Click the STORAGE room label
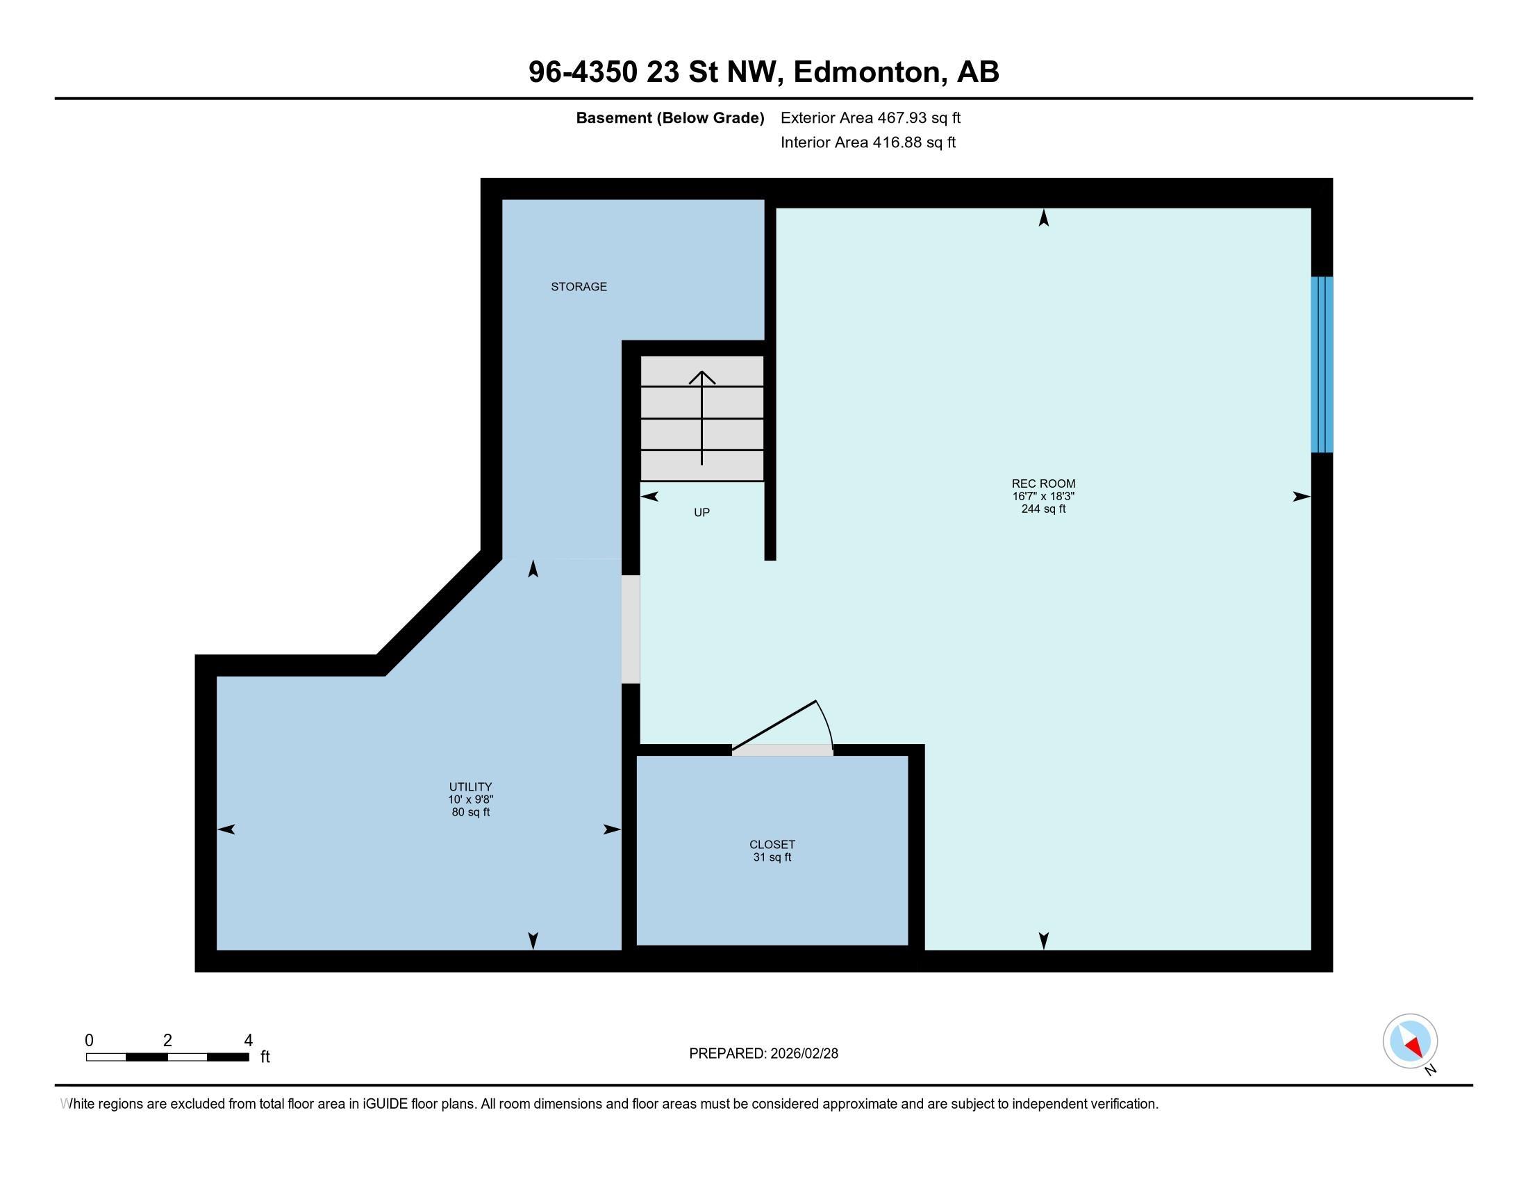coord(579,287)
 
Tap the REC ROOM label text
coord(1043,484)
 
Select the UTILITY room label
coord(470,786)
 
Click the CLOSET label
coord(772,845)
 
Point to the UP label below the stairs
coord(701,513)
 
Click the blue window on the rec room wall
coord(1322,365)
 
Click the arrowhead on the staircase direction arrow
coord(701,377)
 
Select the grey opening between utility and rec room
coord(631,629)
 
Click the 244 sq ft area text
coord(1043,509)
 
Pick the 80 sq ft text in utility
coord(470,812)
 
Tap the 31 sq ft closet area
coord(772,857)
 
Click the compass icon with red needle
coord(1410,1041)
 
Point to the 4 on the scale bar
coord(248,1041)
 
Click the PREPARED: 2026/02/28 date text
coord(763,1053)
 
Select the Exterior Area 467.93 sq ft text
coord(870,117)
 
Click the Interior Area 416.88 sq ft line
coord(867,142)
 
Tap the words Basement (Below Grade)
coord(670,117)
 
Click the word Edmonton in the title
coord(867,72)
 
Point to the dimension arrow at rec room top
coord(1043,218)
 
